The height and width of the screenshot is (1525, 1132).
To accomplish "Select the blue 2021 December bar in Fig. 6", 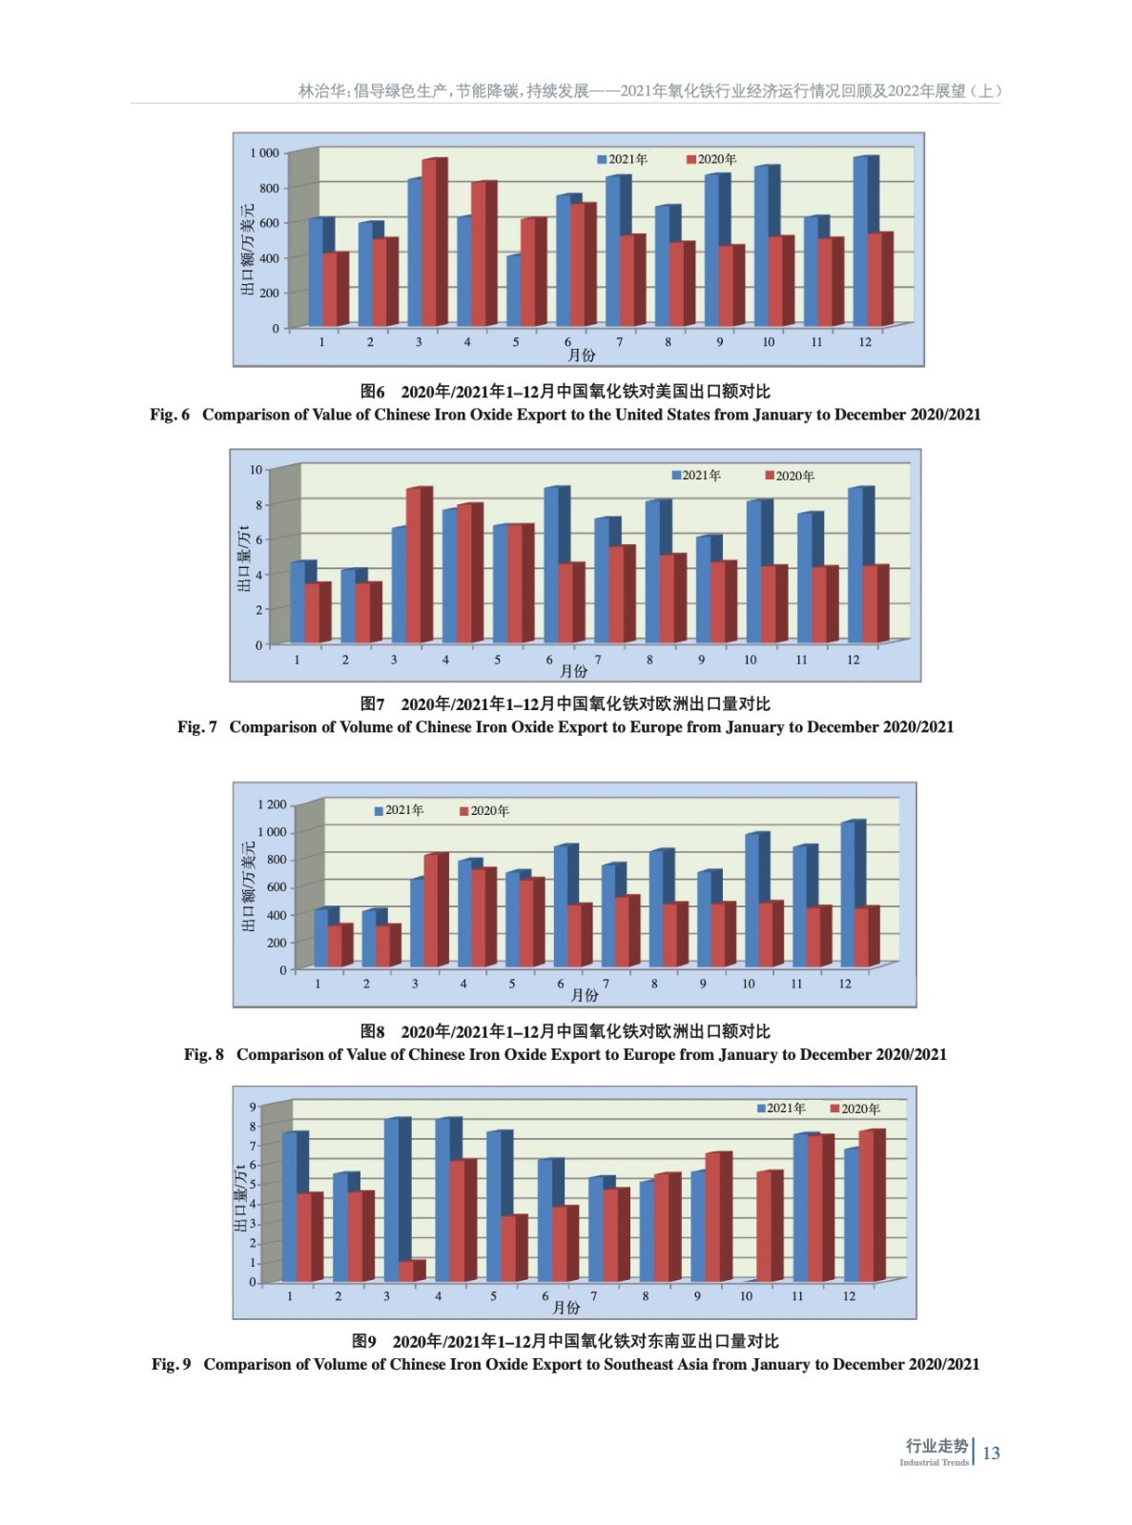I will tap(864, 243).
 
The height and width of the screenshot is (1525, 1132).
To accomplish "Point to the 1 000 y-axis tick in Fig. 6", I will tap(264, 152).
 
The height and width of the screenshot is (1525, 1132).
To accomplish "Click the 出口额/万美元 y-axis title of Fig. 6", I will tap(247, 250).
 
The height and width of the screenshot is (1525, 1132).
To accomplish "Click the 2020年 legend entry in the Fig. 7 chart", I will tap(790, 476).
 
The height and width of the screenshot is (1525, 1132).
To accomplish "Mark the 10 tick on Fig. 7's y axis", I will tap(256, 469).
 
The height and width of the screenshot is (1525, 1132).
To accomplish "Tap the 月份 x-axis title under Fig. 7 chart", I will tap(574, 671).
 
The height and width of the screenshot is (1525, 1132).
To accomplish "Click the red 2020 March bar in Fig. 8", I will tap(433, 911).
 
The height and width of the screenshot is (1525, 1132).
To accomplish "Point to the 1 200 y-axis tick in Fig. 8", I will tap(272, 805).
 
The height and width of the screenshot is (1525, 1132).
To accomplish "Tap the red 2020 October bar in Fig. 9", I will tap(767, 1227).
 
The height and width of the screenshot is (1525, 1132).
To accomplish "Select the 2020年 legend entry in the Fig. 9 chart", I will tap(855, 1108).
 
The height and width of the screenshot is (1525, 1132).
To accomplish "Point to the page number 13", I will tap(991, 1453).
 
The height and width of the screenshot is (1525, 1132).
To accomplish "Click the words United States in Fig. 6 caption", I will tap(675, 415).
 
